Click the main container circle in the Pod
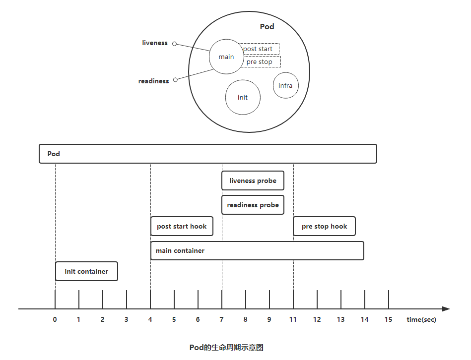(226, 57)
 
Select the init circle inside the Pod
(243, 97)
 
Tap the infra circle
(285, 85)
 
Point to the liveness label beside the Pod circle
(155, 43)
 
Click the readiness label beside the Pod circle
(154, 81)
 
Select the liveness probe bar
(253, 181)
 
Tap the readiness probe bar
(253, 205)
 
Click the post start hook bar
(182, 226)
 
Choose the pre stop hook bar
(324, 226)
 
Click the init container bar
(86, 271)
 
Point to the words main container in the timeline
(180, 250)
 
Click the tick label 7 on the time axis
(222, 319)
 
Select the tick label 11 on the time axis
(293, 319)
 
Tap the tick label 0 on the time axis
(55, 319)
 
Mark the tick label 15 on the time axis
(388, 319)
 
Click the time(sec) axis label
(421, 319)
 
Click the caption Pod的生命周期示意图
(226, 347)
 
